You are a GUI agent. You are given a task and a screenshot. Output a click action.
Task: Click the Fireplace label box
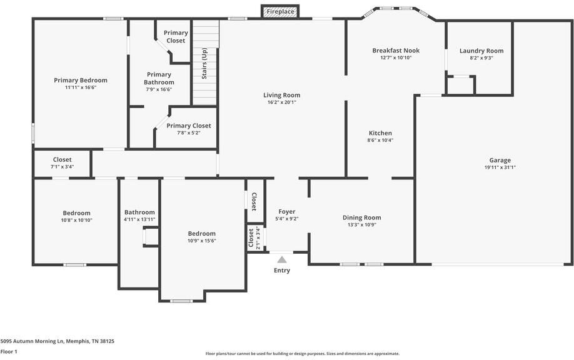pyautogui.click(x=280, y=11)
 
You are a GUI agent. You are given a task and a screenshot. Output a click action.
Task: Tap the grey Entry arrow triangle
pyautogui.click(x=281, y=260)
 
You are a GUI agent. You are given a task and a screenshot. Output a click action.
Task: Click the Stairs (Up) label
pyautogui.click(x=204, y=63)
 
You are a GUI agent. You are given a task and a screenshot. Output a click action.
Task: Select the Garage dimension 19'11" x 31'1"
pyautogui.click(x=500, y=167)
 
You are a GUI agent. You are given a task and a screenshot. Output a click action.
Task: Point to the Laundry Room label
pyautogui.click(x=481, y=51)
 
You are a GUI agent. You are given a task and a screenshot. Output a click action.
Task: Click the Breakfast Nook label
pyautogui.click(x=396, y=51)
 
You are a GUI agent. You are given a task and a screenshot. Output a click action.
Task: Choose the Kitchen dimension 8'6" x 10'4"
pyautogui.click(x=380, y=140)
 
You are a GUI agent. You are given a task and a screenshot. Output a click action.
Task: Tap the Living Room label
pyautogui.click(x=281, y=95)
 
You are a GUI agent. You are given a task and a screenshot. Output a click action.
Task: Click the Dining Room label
pyautogui.click(x=361, y=217)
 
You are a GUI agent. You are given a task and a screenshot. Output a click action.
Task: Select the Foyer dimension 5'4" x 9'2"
pyautogui.click(x=287, y=219)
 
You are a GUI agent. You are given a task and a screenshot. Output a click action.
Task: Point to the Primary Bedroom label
pyautogui.click(x=81, y=81)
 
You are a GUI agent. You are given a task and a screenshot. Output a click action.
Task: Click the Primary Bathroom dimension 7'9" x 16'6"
pyautogui.click(x=159, y=89)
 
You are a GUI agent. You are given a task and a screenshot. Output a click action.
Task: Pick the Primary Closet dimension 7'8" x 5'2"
pyautogui.click(x=189, y=132)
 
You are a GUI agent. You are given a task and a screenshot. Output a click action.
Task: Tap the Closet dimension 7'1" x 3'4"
pyautogui.click(x=63, y=167)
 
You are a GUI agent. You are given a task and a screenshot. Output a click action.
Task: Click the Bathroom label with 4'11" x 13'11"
pyautogui.click(x=139, y=212)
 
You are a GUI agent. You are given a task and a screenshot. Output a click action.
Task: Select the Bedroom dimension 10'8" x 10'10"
pyautogui.click(x=76, y=220)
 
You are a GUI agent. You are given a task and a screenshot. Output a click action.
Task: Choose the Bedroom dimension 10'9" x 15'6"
pyautogui.click(x=202, y=241)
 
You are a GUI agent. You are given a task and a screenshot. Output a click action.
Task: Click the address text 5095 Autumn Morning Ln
pyautogui.click(x=33, y=341)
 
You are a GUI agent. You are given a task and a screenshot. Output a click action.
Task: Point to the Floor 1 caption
pyautogui.click(x=9, y=352)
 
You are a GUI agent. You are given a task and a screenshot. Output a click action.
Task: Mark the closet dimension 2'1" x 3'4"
pyautogui.click(x=258, y=238)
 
